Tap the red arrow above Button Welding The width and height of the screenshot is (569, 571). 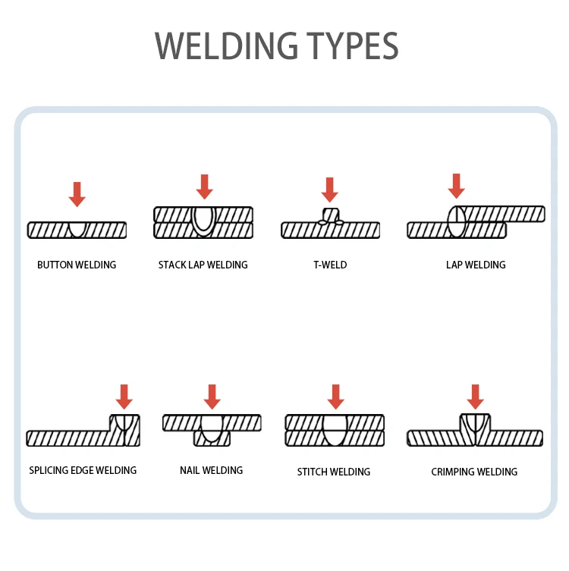point(77,194)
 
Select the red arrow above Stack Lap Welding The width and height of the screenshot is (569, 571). point(204,187)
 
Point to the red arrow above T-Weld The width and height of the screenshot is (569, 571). point(329,190)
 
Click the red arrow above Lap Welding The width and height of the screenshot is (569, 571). point(456,186)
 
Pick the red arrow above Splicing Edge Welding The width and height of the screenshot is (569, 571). point(124,397)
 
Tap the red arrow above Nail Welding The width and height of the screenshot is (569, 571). point(212,397)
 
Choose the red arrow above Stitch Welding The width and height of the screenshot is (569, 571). point(335,397)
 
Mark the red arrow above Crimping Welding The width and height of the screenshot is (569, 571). point(476,397)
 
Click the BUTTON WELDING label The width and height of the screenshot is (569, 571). point(77,265)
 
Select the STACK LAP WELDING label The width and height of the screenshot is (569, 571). point(203,265)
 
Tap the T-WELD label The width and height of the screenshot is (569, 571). point(330,265)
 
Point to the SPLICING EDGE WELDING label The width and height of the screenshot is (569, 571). point(83,471)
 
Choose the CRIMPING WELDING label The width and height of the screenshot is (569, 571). point(474,472)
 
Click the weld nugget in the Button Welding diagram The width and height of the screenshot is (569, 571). point(77,228)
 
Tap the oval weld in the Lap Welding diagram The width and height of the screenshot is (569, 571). point(456,222)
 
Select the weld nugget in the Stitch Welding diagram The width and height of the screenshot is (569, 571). point(335,429)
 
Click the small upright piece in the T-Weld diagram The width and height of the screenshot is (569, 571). point(330,215)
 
